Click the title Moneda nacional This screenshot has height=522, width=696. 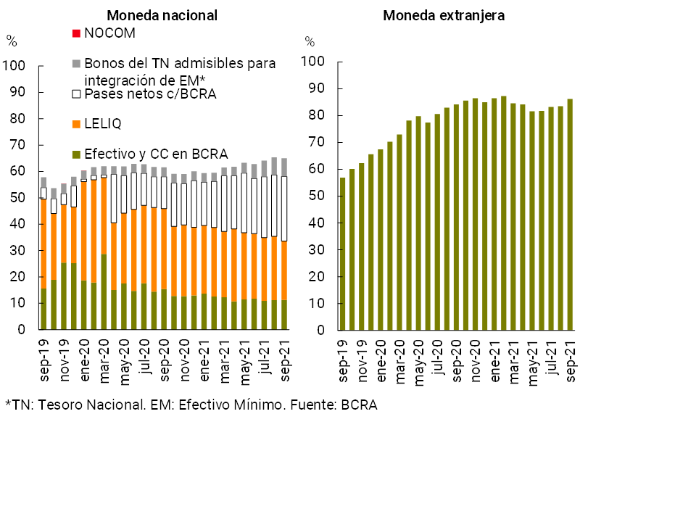[x=162, y=15]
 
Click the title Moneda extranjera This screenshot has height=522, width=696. [x=444, y=15]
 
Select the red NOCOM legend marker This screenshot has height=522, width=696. [x=76, y=33]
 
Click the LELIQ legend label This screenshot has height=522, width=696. [x=103, y=124]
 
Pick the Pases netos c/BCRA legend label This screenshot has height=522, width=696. [x=150, y=94]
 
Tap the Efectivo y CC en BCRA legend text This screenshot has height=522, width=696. [x=156, y=154]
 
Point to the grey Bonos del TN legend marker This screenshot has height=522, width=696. [x=76, y=64]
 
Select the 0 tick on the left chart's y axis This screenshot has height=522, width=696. [x=22, y=330]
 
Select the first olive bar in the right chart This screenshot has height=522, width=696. [x=343, y=254]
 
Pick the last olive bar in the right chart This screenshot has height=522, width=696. [x=570, y=215]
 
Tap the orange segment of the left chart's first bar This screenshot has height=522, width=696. [x=43, y=244]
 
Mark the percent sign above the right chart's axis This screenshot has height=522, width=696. [x=310, y=41]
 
